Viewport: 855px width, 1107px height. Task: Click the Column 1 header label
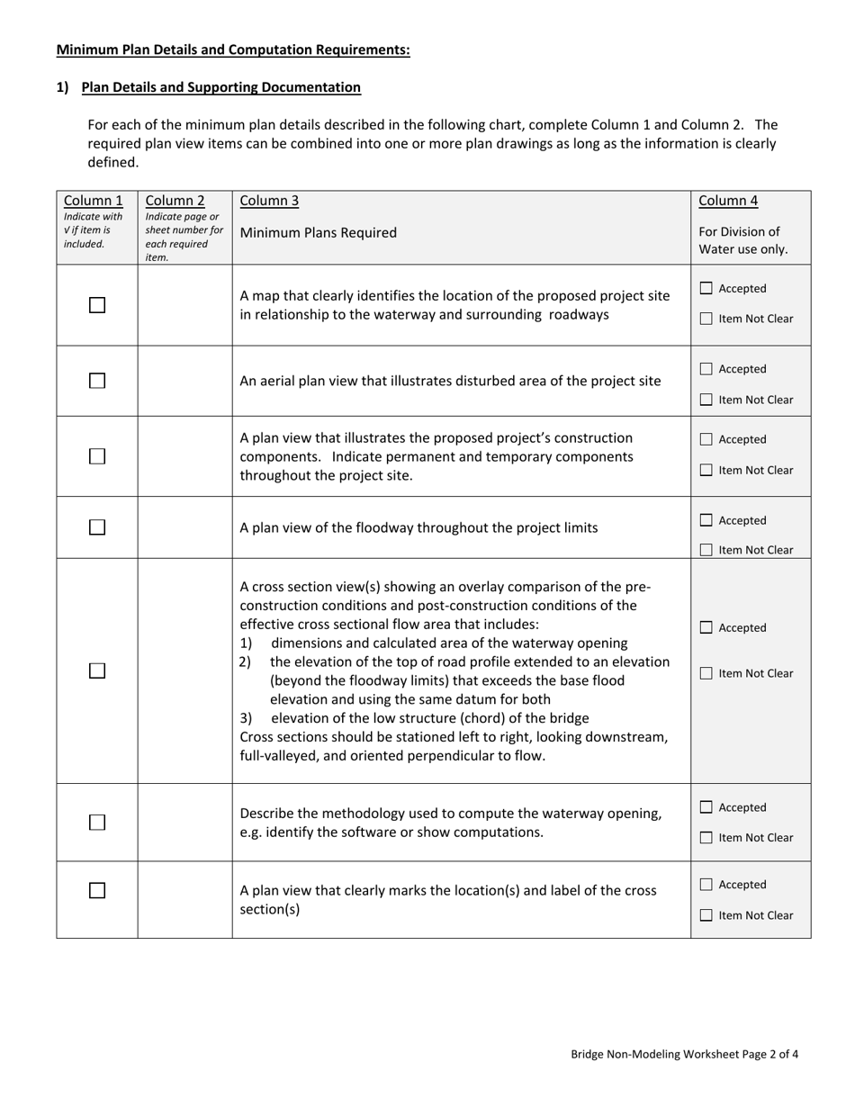94,201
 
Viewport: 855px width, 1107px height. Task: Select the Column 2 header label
175,201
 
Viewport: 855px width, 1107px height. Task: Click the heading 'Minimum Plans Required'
318,233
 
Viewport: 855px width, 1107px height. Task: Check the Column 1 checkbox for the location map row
97,305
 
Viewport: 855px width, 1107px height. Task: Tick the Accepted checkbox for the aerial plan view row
706,369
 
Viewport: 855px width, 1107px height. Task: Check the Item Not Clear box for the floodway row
706,550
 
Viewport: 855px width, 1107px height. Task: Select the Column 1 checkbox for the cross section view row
97,670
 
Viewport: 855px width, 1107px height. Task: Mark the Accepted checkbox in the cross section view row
706,627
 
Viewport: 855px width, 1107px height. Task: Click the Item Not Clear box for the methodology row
706,838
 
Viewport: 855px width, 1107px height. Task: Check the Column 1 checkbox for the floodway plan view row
97,527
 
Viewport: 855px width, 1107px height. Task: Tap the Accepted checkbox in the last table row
706,885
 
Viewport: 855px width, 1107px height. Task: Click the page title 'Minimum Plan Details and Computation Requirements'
233,50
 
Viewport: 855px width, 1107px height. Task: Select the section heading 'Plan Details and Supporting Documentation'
220,87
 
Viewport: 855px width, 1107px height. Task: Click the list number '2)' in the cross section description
245,661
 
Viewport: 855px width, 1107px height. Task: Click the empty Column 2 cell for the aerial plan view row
184,381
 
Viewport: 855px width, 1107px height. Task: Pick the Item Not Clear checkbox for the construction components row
706,470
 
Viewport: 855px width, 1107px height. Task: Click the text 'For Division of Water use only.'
742,240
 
